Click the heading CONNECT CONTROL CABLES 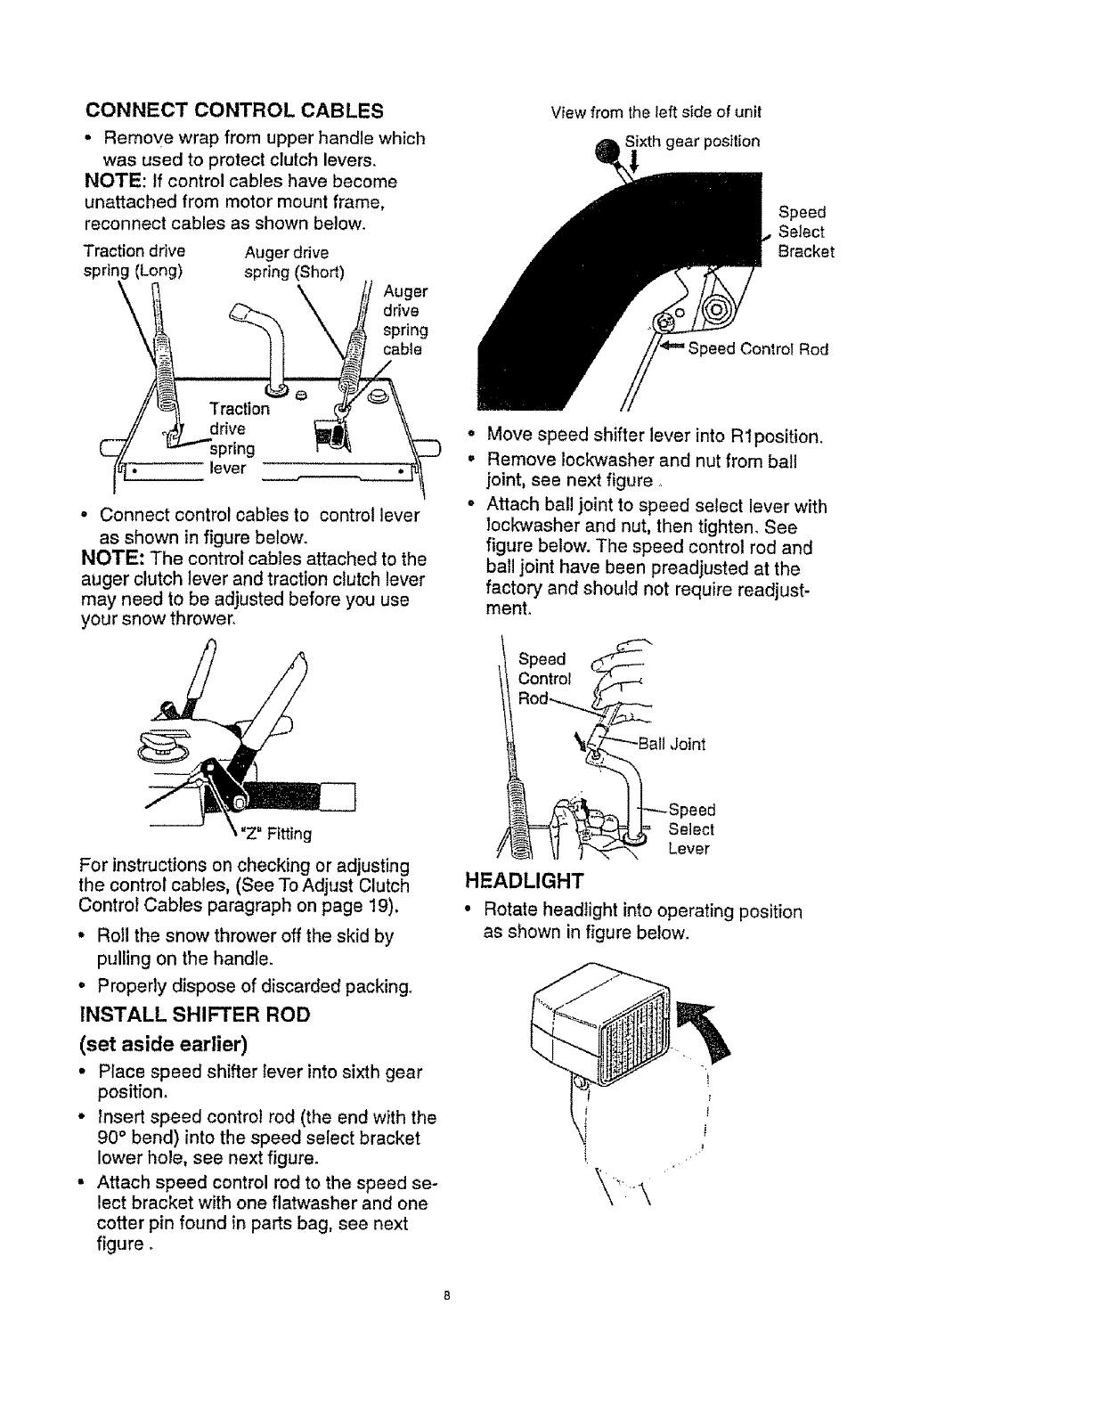pyautogui.click(x=234, y=111)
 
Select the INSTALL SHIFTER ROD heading pyautogui.click(x=195, y=1015)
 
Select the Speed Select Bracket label pyautogui.click(x=806, y=232)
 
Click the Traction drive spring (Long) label pyautogui.click(x=134, y=261)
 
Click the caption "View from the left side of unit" pyautogui.click(x=656, y=112)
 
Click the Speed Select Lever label pyautogui.click(x=691, y=829)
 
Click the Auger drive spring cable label pyautogui.click(x=405, y=320)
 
